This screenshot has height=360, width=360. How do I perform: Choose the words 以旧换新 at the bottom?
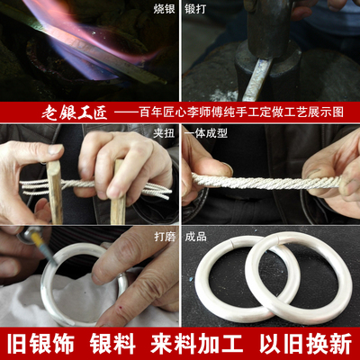point(305,345)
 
